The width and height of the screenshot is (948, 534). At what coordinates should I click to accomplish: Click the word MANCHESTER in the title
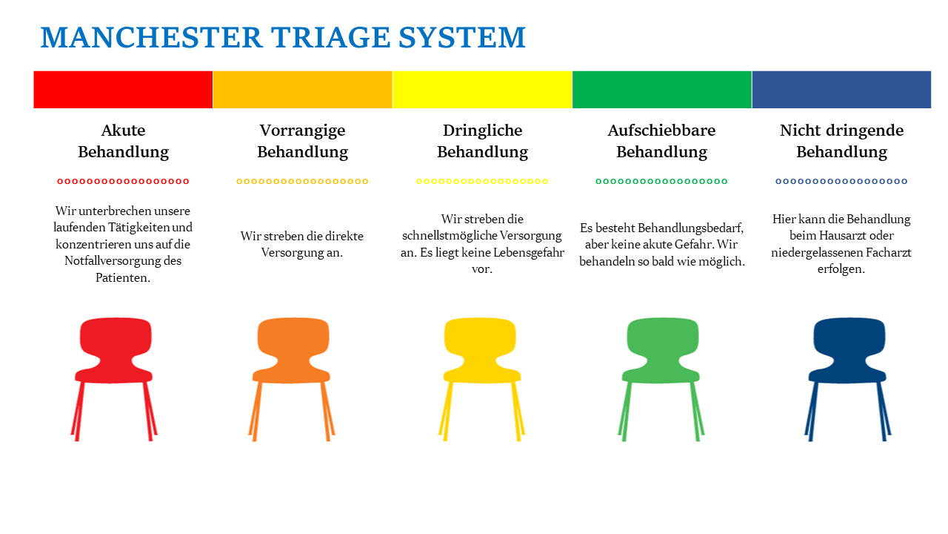pyautogui.click(x=152, y=37)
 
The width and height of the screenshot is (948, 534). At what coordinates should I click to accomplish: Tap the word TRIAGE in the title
pyautogui.click(x=331, y=37)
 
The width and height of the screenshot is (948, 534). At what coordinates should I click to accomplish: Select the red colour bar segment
pyautogui.click(x=123, y=90)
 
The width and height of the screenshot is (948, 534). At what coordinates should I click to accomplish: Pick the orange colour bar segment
pyautogui.click(x=303, y=90)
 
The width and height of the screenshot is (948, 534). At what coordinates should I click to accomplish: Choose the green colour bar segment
pyautogui.click(x=662, y=90)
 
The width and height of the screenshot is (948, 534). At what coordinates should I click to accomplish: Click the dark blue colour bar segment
pyautogui.click(x=842, y=90)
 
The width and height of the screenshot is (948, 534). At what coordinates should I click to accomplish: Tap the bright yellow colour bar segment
pyautogui.click(x=482, y=90)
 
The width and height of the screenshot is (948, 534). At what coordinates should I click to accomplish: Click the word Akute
pyautogui.click(x=123, y=130)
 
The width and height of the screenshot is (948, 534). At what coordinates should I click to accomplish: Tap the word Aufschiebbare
pyautogui.click(x=662, y=130)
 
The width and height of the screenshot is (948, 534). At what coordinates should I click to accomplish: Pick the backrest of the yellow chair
pyautogui.click(x=480, y=339)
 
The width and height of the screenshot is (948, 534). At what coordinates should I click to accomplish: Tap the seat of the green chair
pyautogui.click(x=661, y=375)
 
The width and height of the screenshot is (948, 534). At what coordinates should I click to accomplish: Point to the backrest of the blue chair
pyautogui.click(x=849, y=339)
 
